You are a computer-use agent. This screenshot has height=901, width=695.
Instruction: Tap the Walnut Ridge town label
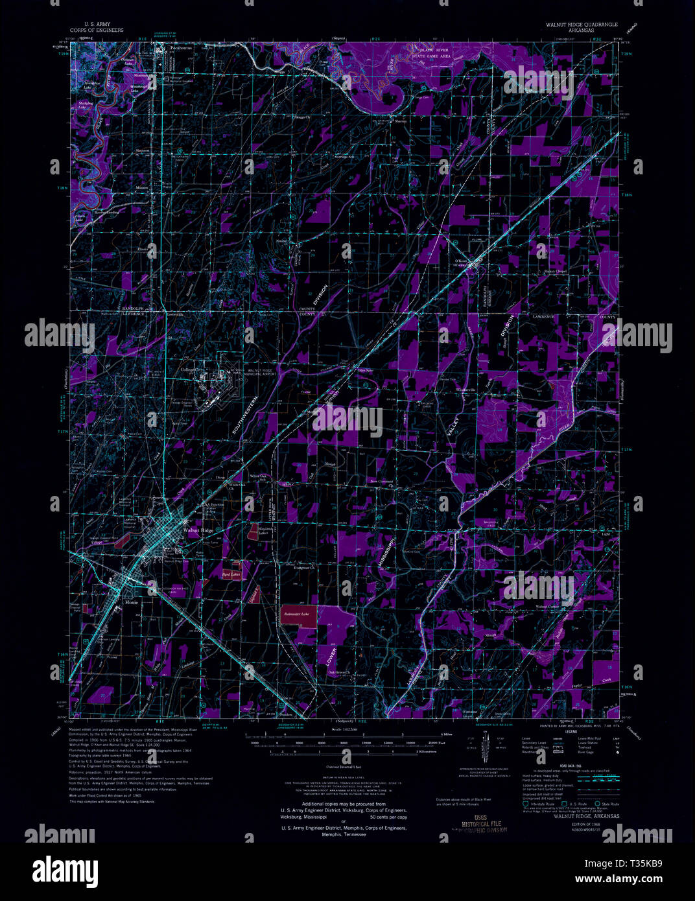click(198, 530)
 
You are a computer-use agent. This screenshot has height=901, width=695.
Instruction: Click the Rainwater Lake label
click(296, 613)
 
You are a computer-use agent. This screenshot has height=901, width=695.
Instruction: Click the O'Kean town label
click(459, 261)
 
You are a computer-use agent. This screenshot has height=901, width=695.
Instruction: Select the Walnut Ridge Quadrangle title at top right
click(573, 25)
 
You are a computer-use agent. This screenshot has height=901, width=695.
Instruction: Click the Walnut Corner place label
click(547, 606)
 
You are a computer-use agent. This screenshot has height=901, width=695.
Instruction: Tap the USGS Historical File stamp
click(480, 823)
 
